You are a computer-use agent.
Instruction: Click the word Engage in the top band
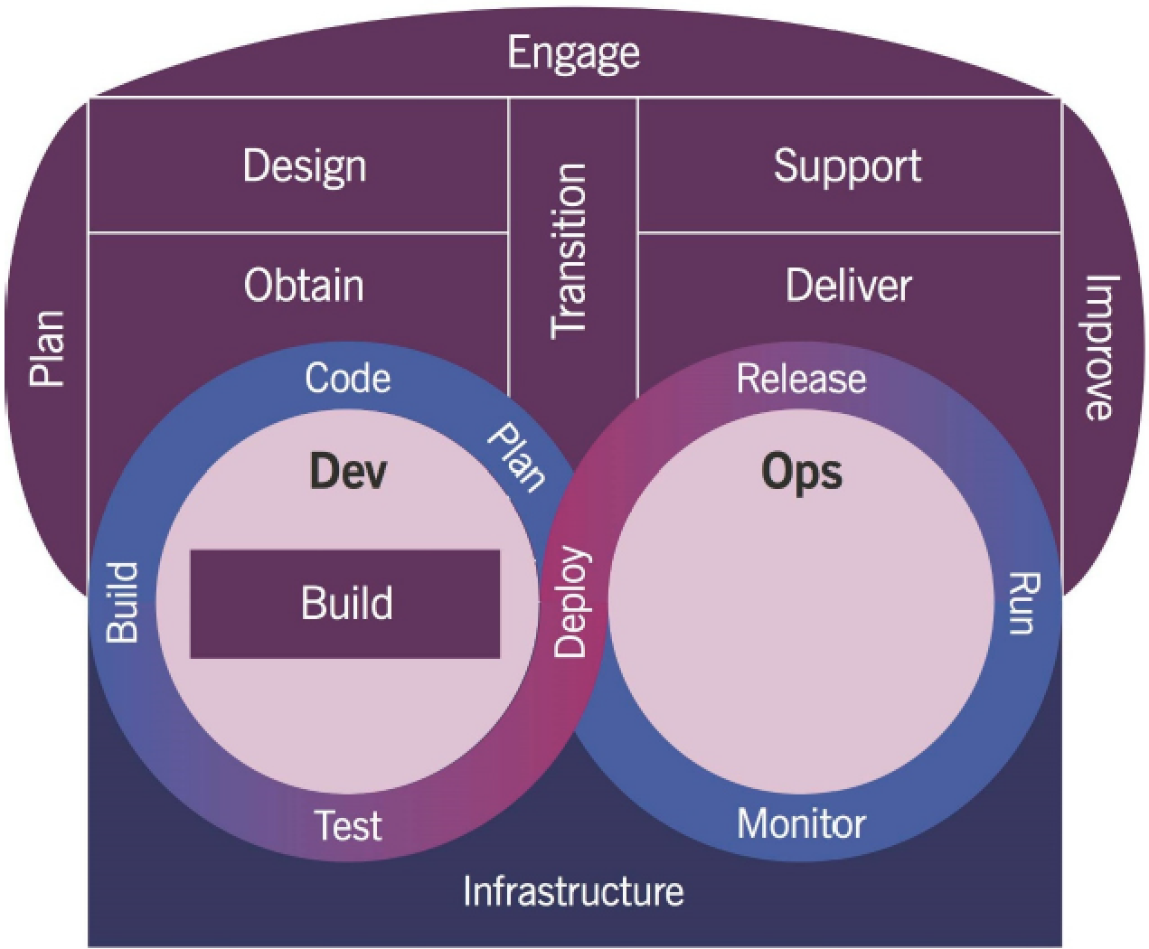click(573, 53)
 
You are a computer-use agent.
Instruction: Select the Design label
click(305, 166)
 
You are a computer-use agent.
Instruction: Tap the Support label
click(847, 166)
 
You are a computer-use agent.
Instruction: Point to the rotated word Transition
click(570, 251)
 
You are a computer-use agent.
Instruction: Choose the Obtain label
click(304, 286)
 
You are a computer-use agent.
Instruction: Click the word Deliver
click(848, 286)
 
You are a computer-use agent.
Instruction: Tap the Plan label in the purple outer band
click(48, 349)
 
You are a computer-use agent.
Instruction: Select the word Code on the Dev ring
click(348, 378)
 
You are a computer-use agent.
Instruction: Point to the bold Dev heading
click(348, 471)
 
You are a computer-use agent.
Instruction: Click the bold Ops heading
click(801, 471)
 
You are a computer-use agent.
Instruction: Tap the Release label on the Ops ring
click(801, 378)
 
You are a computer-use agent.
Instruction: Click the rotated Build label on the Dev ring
click(123, 602)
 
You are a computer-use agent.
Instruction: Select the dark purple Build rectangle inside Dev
click(345, 604)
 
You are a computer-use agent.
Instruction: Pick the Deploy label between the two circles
click(571, 602)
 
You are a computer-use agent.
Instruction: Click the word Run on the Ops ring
click(1023, 602)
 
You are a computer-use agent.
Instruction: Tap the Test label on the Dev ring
click(348, 825)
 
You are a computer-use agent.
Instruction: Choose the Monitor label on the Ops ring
click(801, 823)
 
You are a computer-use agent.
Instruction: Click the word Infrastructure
click(573, 891)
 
